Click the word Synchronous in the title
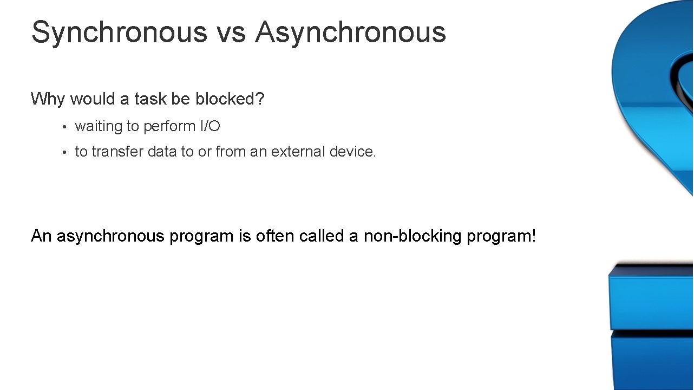(119, 32)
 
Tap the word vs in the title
(231, 32)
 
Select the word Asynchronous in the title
(351, 32)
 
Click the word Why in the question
(48, 99)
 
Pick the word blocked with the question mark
(230, 99)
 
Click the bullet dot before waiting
(63, 127)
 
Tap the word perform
(166, 126)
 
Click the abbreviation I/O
(207, 126)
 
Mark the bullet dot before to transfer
(63, 153)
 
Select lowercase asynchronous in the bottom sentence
(110, 237)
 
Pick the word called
(322, 236)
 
